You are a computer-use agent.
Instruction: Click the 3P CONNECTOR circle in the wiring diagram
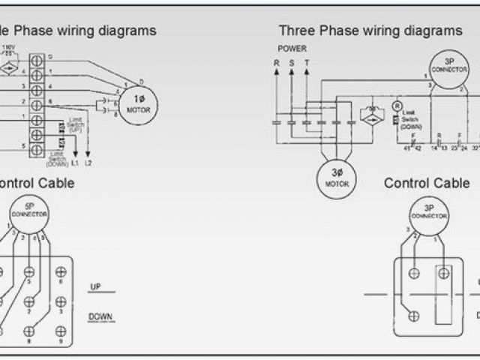(444, 68)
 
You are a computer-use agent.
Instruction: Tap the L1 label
(74, 163)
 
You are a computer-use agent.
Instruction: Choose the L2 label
(90, 163)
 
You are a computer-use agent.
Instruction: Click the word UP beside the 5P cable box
(95, 286)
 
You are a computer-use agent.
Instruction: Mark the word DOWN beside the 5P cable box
(100, 316)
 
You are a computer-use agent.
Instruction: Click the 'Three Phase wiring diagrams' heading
(370, 31)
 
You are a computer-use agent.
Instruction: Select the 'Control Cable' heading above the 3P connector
(427, 183)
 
